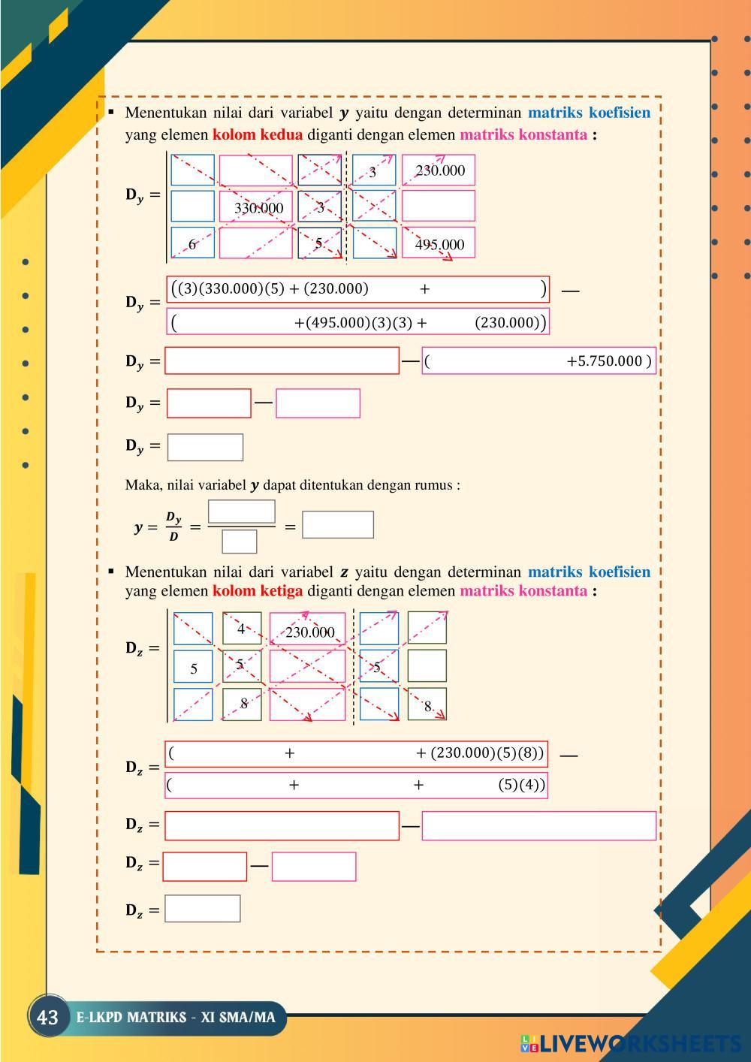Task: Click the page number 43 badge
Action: (x=47, y=1018)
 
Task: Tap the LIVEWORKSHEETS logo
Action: (x=631, y=1043)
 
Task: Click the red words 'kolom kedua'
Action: (x=258, y=135)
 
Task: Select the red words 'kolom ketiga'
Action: (x=258, y=591)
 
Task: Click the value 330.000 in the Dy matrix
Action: (x=258, y=207)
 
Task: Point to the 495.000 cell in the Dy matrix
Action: (x=439, y=244)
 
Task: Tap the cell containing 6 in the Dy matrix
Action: (x=192, y=244)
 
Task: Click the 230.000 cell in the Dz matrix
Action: (x=309, y=632)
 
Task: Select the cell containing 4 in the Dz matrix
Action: (x=241, y=629)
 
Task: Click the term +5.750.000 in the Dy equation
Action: (x=605, y=361)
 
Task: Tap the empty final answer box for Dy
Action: (x=205, y=447)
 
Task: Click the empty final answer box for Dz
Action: (x=203, y=909)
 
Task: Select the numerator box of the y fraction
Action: (x=241, y=511)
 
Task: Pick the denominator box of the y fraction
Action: (x=240, y=541)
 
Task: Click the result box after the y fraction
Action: (x=337, y=525)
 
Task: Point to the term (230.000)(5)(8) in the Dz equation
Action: (x=487, y=753)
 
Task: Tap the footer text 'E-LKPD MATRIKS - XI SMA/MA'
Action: (x=176, y=1018)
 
